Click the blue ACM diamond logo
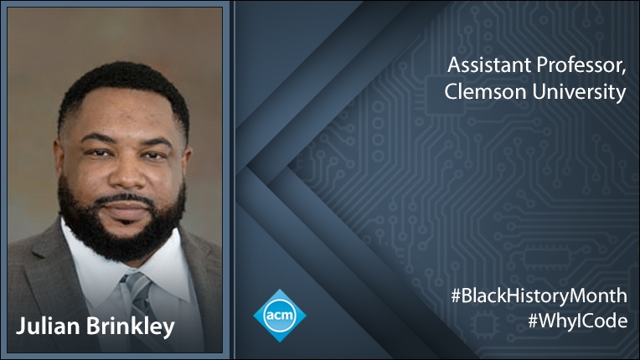coord(280,315)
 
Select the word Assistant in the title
coord(488,65)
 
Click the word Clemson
coord(486,92)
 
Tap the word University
coord(580,93)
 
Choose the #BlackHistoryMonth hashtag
coord(539,296)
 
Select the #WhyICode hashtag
coord(577,321)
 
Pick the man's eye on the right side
coord(154,156)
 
